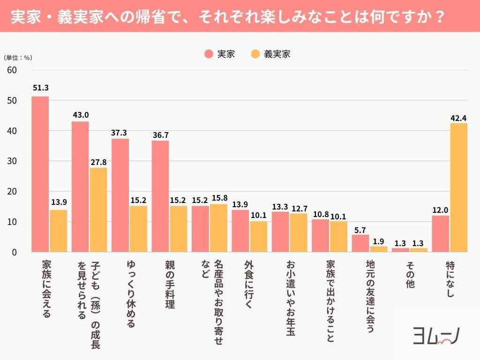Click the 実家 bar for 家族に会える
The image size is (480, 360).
point(40,174)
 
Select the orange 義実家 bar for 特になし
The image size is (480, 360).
point(458,187)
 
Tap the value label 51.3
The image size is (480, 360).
point(40,88)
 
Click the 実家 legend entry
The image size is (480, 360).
point(220,54)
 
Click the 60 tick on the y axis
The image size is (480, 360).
point(12,70)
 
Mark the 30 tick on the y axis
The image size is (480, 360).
point(12,161)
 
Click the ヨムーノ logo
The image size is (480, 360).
point(436,336)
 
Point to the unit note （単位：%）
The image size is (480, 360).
point(18,58)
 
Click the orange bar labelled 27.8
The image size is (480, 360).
point(98,210)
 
